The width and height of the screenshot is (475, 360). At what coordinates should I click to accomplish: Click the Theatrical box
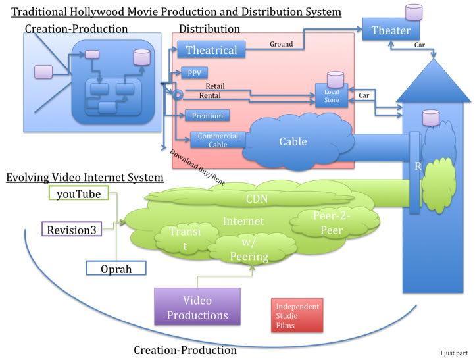(x=211, y=50)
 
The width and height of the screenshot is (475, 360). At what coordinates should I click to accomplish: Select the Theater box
(x=391, y=30)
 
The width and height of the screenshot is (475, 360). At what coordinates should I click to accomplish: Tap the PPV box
(x=195, y=73)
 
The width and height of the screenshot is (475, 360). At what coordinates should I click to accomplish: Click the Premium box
(x=207, y=116)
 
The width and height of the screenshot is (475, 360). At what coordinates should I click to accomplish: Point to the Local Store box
(x=332, y=96)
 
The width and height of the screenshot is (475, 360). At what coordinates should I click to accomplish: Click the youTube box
(x=78, y=194)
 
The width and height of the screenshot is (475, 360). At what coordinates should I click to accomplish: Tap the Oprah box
(x=116, y=268)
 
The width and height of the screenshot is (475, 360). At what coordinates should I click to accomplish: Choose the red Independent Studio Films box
(x=297, y=316)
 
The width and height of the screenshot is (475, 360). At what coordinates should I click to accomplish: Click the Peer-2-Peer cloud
(x=327, y=224)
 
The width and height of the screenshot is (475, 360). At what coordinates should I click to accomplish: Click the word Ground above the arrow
(x=281, y=44)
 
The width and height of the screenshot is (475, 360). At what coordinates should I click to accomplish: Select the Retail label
(x=214, y=86)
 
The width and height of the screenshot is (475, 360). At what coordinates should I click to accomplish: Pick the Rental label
(x=210, y=96)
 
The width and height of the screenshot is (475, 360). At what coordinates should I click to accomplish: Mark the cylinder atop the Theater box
(x=413, y=11)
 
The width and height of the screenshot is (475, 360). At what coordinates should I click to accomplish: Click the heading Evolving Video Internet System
(x=85, y=178)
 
